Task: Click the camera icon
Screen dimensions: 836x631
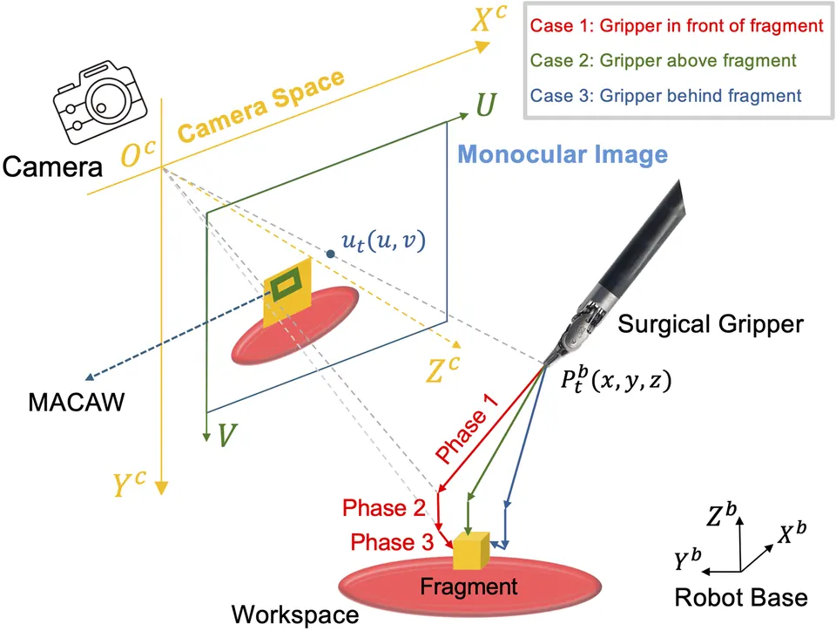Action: coord(99,102)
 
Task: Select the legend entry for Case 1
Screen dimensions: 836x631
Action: coord(677,25)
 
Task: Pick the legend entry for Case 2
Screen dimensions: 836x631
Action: coord(663,60)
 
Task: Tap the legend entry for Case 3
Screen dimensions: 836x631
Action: coord(665,96)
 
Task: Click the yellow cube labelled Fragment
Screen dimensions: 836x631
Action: coord(471,551)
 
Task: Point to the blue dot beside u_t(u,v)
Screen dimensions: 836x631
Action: coord(331,254)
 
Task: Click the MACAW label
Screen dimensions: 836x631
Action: coord(77,402)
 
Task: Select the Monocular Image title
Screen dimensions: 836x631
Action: coord(563,154)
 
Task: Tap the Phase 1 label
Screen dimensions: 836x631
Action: coord(467,428)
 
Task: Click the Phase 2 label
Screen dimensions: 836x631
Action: coord(384,508)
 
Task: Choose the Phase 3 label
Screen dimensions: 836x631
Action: coord(392,542)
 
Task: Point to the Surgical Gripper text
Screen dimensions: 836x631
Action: coord(711,324)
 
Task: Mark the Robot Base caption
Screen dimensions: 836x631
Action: coord(740,597)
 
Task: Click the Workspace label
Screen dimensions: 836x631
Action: coord(295,614)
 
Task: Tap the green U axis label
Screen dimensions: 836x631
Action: coord(486,105)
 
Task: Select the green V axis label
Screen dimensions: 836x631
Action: coord(226,435)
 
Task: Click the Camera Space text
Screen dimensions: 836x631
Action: coord(260,105)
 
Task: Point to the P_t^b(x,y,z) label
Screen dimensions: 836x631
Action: coord(616,380)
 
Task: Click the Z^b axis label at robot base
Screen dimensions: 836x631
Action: coord(721,513)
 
